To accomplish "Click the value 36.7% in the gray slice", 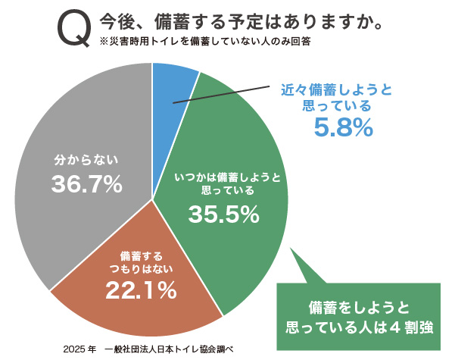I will point(87,183).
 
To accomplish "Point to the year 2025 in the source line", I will point(76,349).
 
